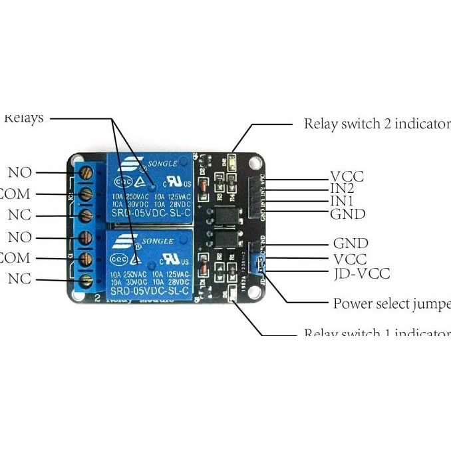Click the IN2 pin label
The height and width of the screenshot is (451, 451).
343,188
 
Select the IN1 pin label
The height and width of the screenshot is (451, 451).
342,201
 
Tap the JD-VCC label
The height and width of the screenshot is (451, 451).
361,273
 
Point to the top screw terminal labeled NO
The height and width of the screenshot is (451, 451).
86,173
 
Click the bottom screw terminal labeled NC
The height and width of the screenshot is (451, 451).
86,282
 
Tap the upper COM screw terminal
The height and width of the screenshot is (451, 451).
86,194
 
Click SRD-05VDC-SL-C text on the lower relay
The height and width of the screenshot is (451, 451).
151,291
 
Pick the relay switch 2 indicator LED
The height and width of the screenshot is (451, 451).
233,160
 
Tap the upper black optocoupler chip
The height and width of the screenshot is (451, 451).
223,216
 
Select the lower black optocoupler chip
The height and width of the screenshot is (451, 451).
223,239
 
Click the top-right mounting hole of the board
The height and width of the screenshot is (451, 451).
254,162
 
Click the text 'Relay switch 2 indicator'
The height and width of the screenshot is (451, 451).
376,124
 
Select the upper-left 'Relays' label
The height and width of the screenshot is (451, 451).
24,118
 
